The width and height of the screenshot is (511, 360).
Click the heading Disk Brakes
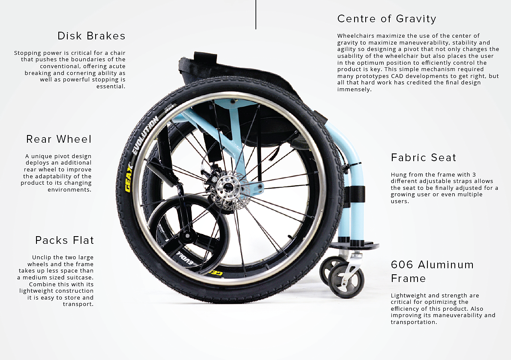[91, 36]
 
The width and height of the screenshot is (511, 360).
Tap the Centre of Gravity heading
[387, 19]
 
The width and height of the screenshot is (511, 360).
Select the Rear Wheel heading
[59, 139]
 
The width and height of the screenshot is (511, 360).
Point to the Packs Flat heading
[64, 240]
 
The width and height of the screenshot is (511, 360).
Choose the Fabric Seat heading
[424, 158]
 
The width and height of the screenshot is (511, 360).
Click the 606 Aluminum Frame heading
[432, 271]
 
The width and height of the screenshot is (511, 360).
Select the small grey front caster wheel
[346, 280]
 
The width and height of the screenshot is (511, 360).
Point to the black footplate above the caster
[354, 246]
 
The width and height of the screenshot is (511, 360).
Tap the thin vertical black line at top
[256, 15]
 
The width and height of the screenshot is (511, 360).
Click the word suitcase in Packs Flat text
[80, 277]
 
